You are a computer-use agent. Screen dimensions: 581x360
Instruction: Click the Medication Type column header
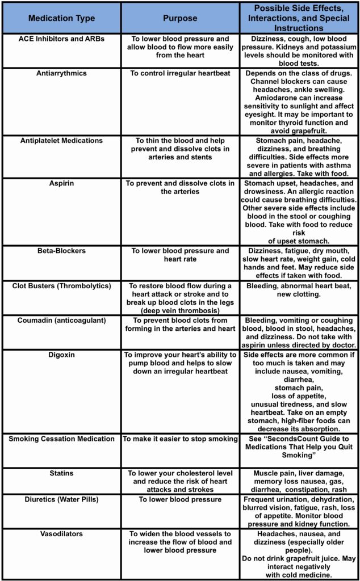click(x=61, y=18)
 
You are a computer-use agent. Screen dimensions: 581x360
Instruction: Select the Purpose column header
click(x=180, y=18)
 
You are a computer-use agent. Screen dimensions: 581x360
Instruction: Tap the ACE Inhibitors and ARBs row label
click(x=61, y=39)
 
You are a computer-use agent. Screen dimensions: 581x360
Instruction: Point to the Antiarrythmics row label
click(x=61, y=74)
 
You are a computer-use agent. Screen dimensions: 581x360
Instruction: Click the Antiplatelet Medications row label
click(x=61, y=141)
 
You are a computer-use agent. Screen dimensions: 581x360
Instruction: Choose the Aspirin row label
click(x=61, y=184)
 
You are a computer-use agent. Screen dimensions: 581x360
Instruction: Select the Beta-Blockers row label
click(x=61, y=251)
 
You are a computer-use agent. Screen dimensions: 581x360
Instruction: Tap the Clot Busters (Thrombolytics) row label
click(x=61, y=286)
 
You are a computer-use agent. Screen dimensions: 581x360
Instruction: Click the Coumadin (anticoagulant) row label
click(x=61, y=321)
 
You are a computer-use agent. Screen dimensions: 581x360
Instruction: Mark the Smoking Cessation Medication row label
click(x=61, y=439)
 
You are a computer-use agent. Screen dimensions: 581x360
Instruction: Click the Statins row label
click(x=61, y=473)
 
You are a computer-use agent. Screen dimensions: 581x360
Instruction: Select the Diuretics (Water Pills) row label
click(x=61, y=499)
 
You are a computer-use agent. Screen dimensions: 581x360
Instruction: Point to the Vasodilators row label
click(x=61, y=534)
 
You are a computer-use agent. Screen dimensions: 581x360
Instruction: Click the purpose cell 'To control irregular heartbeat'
click(x=180, y=74)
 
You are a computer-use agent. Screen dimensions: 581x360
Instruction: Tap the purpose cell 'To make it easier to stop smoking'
click(x=180, y=439)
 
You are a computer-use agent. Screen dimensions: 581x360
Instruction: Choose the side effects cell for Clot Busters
click(x=298, y=290)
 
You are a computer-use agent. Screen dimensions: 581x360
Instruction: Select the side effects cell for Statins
click(x=298, y=481)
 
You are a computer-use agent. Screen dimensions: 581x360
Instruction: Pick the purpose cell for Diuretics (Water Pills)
click(x=180, y=499)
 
